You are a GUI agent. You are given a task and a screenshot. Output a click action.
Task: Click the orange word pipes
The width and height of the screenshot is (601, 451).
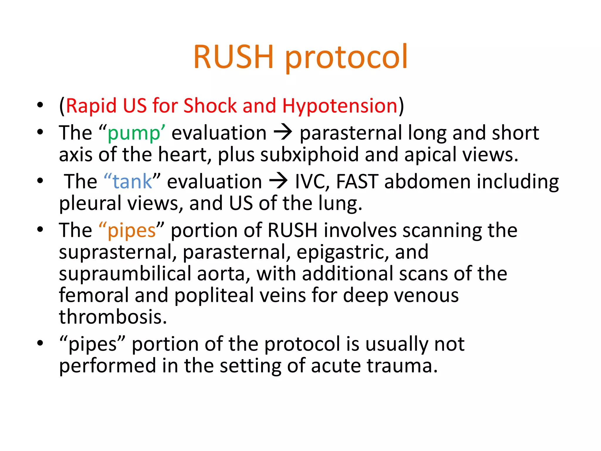tap(131, 230)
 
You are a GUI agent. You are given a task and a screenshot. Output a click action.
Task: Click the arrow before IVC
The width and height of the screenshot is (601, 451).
tap(278, 181)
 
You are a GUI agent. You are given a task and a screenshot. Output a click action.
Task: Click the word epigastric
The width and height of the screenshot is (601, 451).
tap(342, 253)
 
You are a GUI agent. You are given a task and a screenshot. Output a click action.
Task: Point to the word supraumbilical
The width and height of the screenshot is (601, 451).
tap(125, 274)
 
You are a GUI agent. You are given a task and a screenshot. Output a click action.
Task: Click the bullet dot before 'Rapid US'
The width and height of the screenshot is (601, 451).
tap(40, 105)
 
